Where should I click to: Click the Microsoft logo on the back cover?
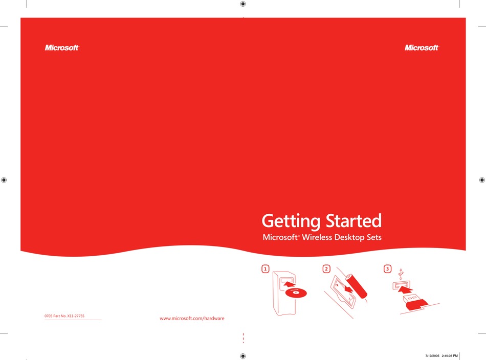[x=62, y=48]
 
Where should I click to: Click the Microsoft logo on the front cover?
[x=422, y=48]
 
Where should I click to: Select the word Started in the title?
[x=354, y=220]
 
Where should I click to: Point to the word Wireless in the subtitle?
[x=317, y=237]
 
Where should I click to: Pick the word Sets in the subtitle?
[x=374, y=237]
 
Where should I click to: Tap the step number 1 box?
[x=266, y=269]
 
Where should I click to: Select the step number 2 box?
[x=326, y=269]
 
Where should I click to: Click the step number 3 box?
[x=387, y=269]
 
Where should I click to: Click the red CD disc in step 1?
[x=296, y=292]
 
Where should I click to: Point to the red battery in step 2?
[x=357, y=286]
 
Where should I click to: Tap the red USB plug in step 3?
[x=414, y=302]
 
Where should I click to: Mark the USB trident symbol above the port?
[x=401, y=274]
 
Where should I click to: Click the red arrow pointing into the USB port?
[x=405, y=290]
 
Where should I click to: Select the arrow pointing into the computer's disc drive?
[x=289, y=284]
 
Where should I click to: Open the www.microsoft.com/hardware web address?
[x=192, y=319]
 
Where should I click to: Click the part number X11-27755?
[x=76, y=316]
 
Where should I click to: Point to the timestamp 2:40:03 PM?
[x=450, y=356]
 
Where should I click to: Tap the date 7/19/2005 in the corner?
[x=432, y=356]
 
